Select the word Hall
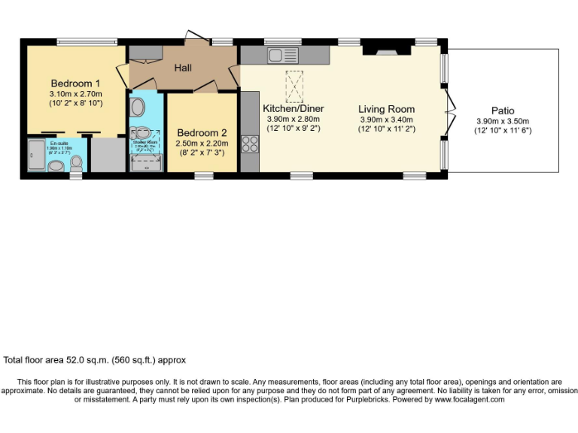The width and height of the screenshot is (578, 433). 183,68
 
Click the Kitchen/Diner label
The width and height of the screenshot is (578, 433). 294,108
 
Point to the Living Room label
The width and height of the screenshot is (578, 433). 386,109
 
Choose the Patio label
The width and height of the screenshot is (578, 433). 503,111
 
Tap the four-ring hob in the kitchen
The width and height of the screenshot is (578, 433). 250,144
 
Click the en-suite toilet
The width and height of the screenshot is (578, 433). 76,162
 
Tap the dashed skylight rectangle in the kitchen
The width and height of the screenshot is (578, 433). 294,86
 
